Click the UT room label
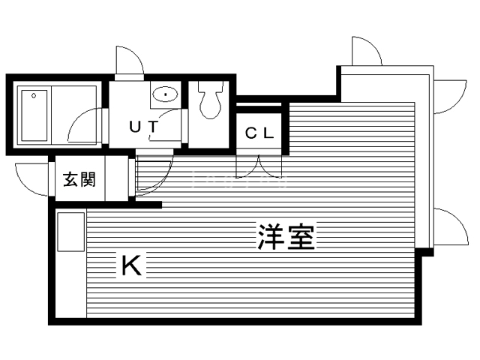[x=144, y=127]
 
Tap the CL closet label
[x=259, y=133]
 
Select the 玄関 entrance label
[x=79, y=179]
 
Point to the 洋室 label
[x=286, y=237]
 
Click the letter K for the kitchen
[x=132, y=265]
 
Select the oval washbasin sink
[x=165, y=94]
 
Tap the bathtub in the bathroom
[x=34, y=115]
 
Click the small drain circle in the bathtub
[x=34, y=96]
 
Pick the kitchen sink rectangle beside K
[x=70, y=232]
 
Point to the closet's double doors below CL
[x=259, y=166]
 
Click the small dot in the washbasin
[x=165, y=94]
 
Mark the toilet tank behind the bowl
[x=210, y=86]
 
